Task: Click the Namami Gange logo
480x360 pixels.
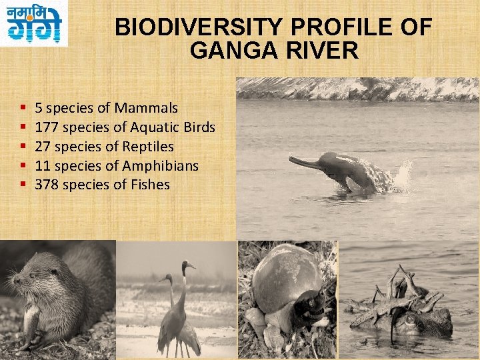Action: pos(34,23)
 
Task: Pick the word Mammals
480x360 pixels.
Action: pos(146,107)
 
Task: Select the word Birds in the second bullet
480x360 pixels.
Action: pos(197,127)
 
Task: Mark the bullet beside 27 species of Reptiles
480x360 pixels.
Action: pos(23,146)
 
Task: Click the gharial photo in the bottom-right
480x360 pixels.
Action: pos(408,300)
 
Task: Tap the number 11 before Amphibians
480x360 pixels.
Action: pos(41,165)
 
